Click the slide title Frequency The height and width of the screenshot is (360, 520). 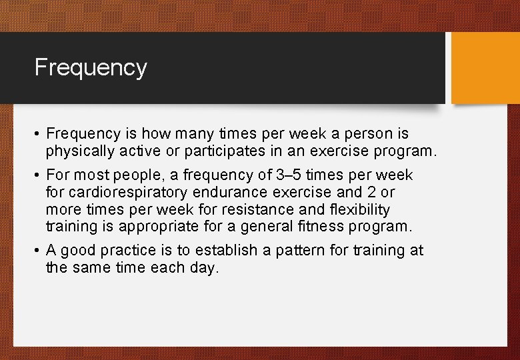(x=91, y=67)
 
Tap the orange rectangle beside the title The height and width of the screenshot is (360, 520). (x=485, y=68)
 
